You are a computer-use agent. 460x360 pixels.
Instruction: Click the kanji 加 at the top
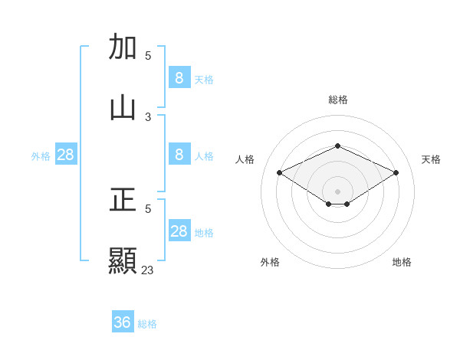tap(123, 47)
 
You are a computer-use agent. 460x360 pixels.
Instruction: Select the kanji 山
tap(123, 108)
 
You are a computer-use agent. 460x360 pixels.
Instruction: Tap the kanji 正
tap(123, 201)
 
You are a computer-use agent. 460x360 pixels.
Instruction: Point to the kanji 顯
tap(123, 261)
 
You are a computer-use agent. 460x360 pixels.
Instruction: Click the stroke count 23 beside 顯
tap(148, 270)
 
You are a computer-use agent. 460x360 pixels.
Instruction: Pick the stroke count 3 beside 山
tap(148, 116)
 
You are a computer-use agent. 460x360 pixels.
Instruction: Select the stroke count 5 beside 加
tap(148, 55)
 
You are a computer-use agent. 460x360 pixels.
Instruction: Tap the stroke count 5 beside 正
tap(148, 208)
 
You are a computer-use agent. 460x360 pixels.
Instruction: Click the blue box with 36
tap(123, 322)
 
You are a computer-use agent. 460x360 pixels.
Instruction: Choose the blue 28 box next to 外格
tap(66, 155)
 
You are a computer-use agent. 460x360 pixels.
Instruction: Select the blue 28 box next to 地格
tap(179, 231)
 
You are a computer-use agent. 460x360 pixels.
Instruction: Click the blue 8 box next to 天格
tap(179, 77)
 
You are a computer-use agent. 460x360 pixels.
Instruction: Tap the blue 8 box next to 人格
tap(179, 155)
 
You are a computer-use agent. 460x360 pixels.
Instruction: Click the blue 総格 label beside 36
tap(147, 324)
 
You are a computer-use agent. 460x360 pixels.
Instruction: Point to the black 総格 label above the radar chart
tap(337, 100)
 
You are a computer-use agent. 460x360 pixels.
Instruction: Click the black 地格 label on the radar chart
tap(402, 262)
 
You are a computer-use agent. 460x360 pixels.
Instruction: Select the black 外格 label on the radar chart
tap(270, 262)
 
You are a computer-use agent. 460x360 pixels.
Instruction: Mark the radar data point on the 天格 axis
tap(396, 173)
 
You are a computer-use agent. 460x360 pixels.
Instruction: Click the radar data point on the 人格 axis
tap(280, 173)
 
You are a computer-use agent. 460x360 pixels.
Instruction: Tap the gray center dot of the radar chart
tap(337, 191)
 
